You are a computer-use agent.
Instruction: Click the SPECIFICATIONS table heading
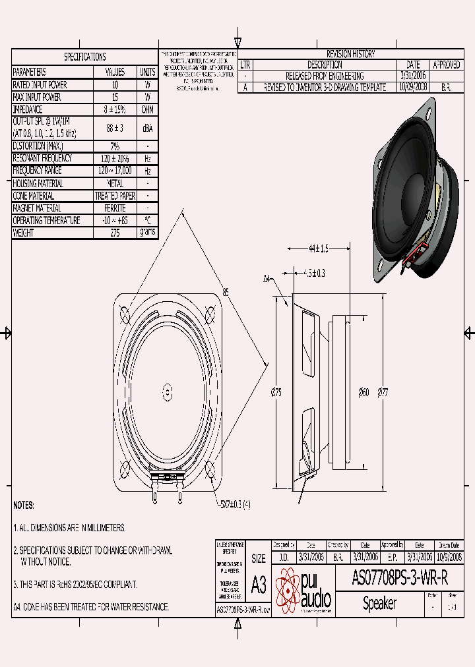tap(84, 57)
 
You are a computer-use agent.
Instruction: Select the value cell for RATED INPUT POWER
tap(115, 85)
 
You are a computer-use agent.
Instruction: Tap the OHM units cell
tap(147, 109)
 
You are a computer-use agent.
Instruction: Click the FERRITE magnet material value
tap(115, 208)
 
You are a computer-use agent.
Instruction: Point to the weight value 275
tap(115, 233)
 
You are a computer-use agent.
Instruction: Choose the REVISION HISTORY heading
tap(351, 54)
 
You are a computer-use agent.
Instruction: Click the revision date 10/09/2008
tap(413, 87)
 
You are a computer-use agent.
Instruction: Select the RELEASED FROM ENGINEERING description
tap(325, 76)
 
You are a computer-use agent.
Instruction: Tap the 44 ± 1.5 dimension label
tap(318, 249)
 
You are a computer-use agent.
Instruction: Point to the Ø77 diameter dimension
tap(383, 393)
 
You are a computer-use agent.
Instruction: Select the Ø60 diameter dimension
tap(364, 393)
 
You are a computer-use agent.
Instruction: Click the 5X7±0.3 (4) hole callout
tap(234, 505)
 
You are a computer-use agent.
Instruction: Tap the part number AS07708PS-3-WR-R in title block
tap(400, 579)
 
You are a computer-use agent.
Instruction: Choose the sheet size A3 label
tap(259, 584)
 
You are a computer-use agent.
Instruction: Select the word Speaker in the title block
tap(379, 603)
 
